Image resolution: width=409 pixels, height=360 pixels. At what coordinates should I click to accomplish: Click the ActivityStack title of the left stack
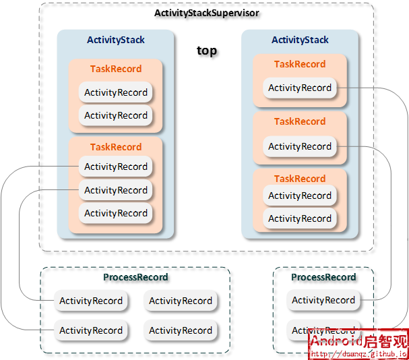point(115,40)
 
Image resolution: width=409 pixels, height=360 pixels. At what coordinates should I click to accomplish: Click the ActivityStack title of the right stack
point(300,40)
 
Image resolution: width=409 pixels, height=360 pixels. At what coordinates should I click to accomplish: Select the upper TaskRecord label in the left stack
point(116,69)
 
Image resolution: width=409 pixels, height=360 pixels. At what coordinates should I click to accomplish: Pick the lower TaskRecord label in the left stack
point(116,147)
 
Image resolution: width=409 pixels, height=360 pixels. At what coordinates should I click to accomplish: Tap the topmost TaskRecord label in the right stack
point(300,64)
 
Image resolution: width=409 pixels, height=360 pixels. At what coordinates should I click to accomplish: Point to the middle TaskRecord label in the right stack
point(300,121)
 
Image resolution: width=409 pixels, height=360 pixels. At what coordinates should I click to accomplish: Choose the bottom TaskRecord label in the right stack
point(300,179)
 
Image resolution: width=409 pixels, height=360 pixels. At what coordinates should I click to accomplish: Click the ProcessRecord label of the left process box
point(135,277)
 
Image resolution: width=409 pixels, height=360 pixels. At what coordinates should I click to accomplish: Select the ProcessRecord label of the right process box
point(323,277)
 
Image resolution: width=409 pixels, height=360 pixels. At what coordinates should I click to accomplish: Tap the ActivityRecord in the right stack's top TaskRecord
point(300,88)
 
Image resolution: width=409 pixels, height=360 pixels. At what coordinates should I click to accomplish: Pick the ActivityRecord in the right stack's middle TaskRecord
point(300,146)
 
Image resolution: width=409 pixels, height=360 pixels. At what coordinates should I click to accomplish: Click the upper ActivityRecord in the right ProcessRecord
point(323,300)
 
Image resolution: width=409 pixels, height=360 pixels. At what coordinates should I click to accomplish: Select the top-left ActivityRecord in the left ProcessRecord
point(91,301)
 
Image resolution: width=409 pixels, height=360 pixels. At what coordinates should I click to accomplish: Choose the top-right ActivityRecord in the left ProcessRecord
point(181,301)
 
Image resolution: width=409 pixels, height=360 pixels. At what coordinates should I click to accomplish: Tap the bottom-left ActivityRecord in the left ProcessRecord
point(91,330)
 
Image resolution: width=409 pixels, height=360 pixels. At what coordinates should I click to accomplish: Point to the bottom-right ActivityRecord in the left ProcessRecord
point(181,330)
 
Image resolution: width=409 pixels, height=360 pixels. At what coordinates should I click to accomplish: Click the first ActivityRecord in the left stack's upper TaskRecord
point(116,92)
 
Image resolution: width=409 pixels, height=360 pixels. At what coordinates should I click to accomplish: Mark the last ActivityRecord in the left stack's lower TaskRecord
point(116,213)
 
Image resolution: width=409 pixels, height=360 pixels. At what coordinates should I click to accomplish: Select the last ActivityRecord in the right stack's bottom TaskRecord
point(300,218)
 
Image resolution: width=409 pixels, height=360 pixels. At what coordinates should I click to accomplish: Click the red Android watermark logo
point(358,344)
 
